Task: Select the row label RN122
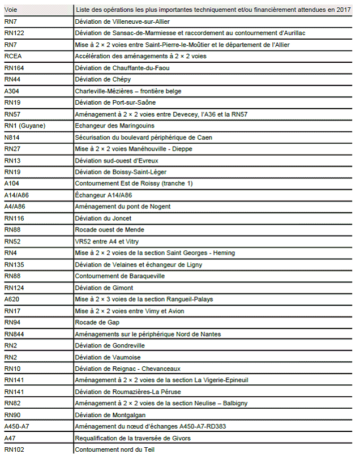[14, 33]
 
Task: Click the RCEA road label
[13, 57]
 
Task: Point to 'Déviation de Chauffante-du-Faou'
[122, 68]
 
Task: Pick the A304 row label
[12, 91]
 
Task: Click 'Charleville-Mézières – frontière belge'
[136, 91]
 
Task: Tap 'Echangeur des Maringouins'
[115, 126]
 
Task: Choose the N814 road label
[12, 138]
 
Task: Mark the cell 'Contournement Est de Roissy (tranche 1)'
[134, 183]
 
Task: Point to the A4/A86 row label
[15, 207]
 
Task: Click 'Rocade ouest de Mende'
[110, 230]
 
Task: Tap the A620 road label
[12, 299]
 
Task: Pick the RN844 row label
[14, 334]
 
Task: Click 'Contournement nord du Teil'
[115, 449]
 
